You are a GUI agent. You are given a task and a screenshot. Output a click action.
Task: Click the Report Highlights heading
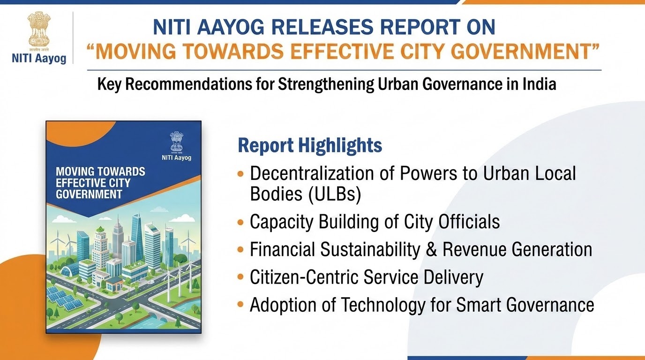click(310, 145)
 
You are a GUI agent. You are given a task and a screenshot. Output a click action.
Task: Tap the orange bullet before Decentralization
click(240, 173)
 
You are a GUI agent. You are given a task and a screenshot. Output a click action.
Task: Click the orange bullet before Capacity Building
click(240, 222)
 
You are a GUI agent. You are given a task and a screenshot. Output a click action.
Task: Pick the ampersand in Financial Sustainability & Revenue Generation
click(431, 249)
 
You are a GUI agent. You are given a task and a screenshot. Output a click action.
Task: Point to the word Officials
click(469, 222)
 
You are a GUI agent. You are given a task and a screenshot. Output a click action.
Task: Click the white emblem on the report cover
click(177, 142)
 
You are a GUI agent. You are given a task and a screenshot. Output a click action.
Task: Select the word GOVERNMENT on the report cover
click(89, 195)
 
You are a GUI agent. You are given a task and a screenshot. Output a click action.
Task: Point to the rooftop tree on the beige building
click(99, 230)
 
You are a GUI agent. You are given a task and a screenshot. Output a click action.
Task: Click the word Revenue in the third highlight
click(474, 249)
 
